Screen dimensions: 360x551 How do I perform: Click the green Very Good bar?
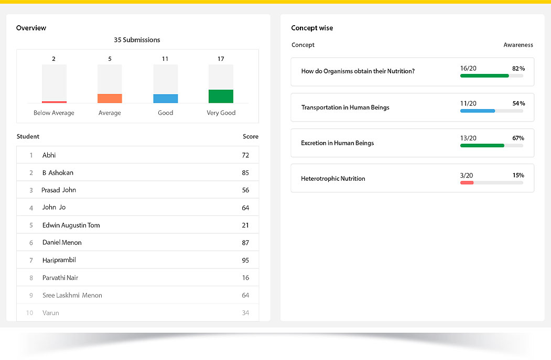tap(221, 96)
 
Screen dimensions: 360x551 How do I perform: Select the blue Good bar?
tap(165, 99)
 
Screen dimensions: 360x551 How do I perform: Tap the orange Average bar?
tap(110, 99)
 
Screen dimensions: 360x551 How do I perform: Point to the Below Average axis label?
tap(54, 113)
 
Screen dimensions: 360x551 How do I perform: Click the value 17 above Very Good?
tap(221, 59)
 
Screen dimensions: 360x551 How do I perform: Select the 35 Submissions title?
tap(137, 40)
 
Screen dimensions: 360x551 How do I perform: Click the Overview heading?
tap(31, 28)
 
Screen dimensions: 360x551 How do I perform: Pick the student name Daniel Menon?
tap(62, 243)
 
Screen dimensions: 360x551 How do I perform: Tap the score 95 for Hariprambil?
tap(245, 260)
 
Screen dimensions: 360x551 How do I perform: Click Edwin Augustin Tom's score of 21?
tap(245, 225)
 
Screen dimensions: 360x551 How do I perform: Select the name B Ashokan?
tap(58, 173)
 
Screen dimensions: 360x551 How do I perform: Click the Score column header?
tap(250, 136)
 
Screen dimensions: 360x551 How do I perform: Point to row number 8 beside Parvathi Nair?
tap(31, 278)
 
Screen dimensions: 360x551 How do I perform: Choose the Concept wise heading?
tap(312, 28)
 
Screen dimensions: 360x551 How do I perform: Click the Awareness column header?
tap(518, 45)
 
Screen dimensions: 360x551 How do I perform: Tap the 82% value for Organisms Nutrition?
tap(518, 69)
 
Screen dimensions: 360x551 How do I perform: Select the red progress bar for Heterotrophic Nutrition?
tap(467, 182)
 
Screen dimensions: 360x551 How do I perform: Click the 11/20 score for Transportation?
tap(468, 104)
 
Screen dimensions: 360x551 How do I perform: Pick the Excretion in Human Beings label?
tap(337, 143)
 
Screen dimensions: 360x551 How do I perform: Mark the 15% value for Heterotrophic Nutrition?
tap(518, 175)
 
